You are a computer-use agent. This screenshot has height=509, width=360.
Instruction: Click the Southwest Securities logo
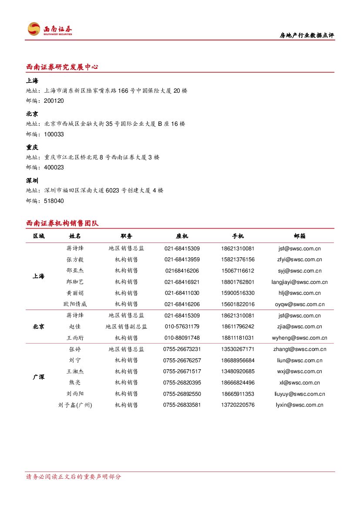point(50,29)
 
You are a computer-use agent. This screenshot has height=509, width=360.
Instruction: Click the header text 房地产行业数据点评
point(306,35)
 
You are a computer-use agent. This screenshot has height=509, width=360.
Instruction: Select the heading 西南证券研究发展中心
point(62,67)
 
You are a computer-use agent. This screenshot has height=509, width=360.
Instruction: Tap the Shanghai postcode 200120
point(54,101)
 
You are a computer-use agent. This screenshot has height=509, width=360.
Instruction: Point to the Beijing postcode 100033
point(54,135)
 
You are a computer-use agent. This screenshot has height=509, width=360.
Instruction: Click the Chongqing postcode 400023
point(54,168)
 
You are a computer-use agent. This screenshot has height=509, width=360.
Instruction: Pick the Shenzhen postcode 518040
point(54,201)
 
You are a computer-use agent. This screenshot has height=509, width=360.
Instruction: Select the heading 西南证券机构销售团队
point(62,223)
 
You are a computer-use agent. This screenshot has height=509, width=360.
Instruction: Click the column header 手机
point(238,236)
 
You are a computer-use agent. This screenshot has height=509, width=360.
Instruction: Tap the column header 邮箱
point(299,236)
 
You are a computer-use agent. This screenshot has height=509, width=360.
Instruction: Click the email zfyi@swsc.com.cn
point(299,260)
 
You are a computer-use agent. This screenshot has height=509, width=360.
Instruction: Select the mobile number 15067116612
point(238,271)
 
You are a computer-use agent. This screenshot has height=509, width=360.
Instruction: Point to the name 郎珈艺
point(75,282)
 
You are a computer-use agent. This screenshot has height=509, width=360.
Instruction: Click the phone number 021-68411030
point(182,293)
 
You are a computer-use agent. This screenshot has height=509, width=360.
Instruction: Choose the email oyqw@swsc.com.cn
point(299,304)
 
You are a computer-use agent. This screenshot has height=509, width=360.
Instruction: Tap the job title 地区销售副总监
point(126,327)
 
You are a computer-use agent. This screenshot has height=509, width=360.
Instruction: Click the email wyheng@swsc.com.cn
point(299,338)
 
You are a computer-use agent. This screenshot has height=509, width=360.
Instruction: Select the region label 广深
point(38,377)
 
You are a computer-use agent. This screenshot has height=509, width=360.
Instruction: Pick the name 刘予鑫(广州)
point(75,405)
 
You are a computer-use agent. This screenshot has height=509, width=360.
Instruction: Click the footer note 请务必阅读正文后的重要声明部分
point(74,477)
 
